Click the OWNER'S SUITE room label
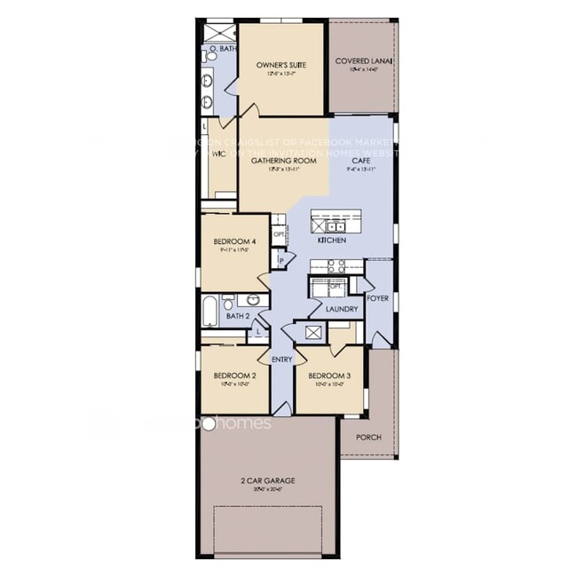coord(281,65)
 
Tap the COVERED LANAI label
coord(364,60)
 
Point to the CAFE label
coord(360,161)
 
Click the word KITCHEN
coord(331,240)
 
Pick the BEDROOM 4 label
coord(234,241)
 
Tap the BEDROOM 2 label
coord(234,375)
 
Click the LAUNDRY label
coord(341,309)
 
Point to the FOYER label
coord(377,298)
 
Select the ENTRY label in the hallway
coord(281,359)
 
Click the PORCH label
coord(368,437)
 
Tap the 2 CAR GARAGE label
coord(267,480)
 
